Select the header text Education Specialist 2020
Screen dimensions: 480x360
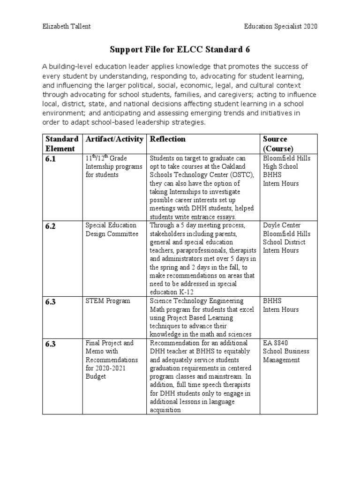281,26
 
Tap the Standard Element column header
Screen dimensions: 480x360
61,143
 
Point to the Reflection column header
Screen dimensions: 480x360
167,139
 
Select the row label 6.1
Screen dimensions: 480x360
51,159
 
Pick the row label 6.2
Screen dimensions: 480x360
51,226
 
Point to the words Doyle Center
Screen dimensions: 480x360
282,225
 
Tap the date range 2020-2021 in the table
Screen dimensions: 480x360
109,368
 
